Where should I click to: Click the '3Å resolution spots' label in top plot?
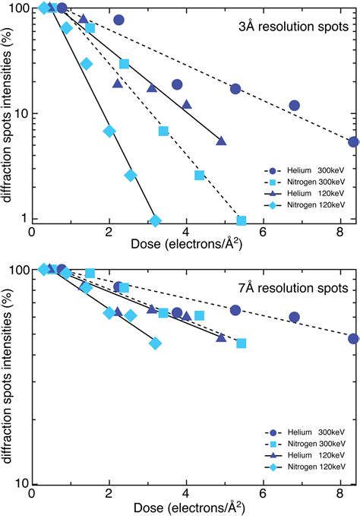tap(292, 28)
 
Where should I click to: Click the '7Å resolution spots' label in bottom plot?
tap(292, 289)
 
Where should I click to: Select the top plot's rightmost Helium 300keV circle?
tap(353, 142)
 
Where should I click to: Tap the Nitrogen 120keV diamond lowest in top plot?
tap(155, 221)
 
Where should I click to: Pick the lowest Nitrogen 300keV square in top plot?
tap(242, 221)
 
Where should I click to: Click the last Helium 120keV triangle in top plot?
tap(221, 141)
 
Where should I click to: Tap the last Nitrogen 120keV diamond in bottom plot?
tap(155, 343)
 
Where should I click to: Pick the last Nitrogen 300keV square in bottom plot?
tap(242, 343)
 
